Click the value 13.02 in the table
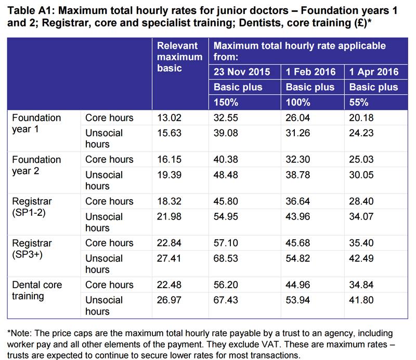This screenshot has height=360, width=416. [169, 118]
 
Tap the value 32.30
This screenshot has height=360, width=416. [298, 159]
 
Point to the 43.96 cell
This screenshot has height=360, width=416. [298, 216]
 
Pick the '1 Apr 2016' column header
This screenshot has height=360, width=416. [374, 72]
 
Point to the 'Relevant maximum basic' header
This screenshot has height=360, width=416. [180, 57]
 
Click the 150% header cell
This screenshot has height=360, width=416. [226, 102]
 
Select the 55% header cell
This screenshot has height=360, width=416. [359, 102]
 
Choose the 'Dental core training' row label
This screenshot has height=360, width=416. [35, 290]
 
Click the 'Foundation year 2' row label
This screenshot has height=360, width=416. [36, 164]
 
